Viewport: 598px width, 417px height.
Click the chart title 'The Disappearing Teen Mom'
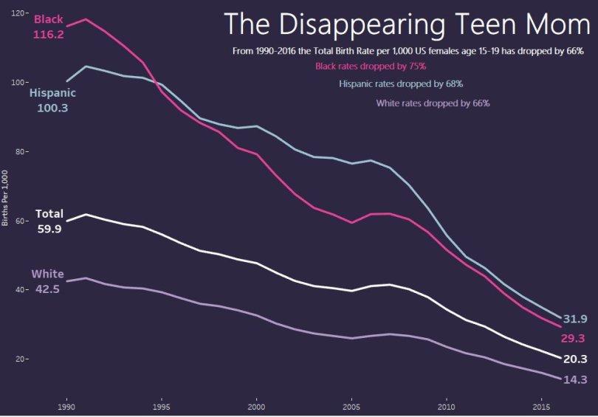(408, 24)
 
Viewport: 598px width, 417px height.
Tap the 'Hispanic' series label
(52, 94)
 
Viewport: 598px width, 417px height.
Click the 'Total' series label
(49, 214)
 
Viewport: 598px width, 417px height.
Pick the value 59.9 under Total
(49, 229)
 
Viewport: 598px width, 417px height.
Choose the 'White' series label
(47, 275)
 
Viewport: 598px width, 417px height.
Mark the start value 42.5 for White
(47, 289)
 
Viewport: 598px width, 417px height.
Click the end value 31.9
(575, 320)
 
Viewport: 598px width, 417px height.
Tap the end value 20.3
(575, 359)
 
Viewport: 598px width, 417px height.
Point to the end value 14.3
(575, 379)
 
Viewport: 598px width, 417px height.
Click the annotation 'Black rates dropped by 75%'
(371, 66)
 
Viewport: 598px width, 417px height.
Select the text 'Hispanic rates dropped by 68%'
(401, 84)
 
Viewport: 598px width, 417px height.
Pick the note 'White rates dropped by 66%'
(433, 103)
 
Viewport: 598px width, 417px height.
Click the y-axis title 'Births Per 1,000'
(5, 197)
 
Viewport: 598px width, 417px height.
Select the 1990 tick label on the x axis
(66, 407)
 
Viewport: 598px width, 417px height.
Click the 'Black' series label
(49, 19)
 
